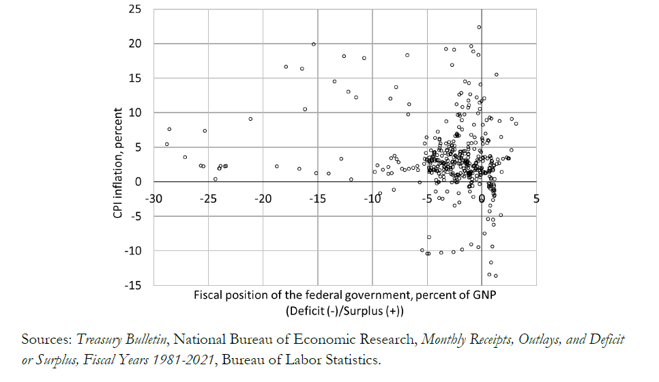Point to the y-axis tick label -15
134,286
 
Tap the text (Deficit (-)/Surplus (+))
345,311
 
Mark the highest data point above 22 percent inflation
479,27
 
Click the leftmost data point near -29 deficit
166,144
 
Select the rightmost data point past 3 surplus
516,123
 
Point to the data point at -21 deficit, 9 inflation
250,119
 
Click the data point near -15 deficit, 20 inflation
313,44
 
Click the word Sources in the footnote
46,340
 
